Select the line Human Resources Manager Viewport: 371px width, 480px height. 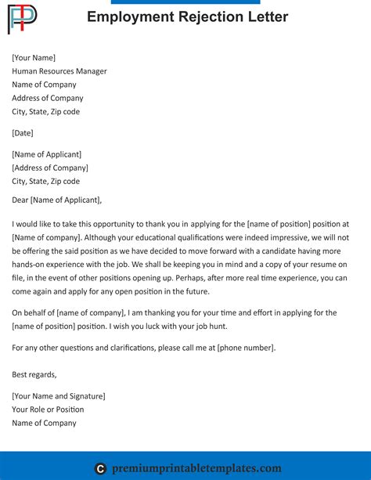pyautogui.click(x=59, y=71)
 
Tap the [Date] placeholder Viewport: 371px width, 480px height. pyautogui.click(x=23, y=133)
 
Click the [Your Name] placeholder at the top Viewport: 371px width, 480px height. pyautogui.click(x=34, y=58)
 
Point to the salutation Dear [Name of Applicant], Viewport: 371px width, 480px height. pyautogui.click(x=57, y=200)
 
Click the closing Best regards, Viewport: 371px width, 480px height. pyautogui.click(x=34, y=374)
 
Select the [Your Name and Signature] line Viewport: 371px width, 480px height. pyautogui.click(x=59, y=396)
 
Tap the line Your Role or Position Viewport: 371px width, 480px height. pyautogui.click(x=48, y=410)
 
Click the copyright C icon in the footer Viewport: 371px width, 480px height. pyautogui.click(x=100, y=469)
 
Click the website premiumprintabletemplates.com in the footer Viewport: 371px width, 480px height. pyautogui.click(x=198, y=468)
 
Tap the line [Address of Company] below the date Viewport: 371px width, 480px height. pyautogui.click(x=50, y=168)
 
